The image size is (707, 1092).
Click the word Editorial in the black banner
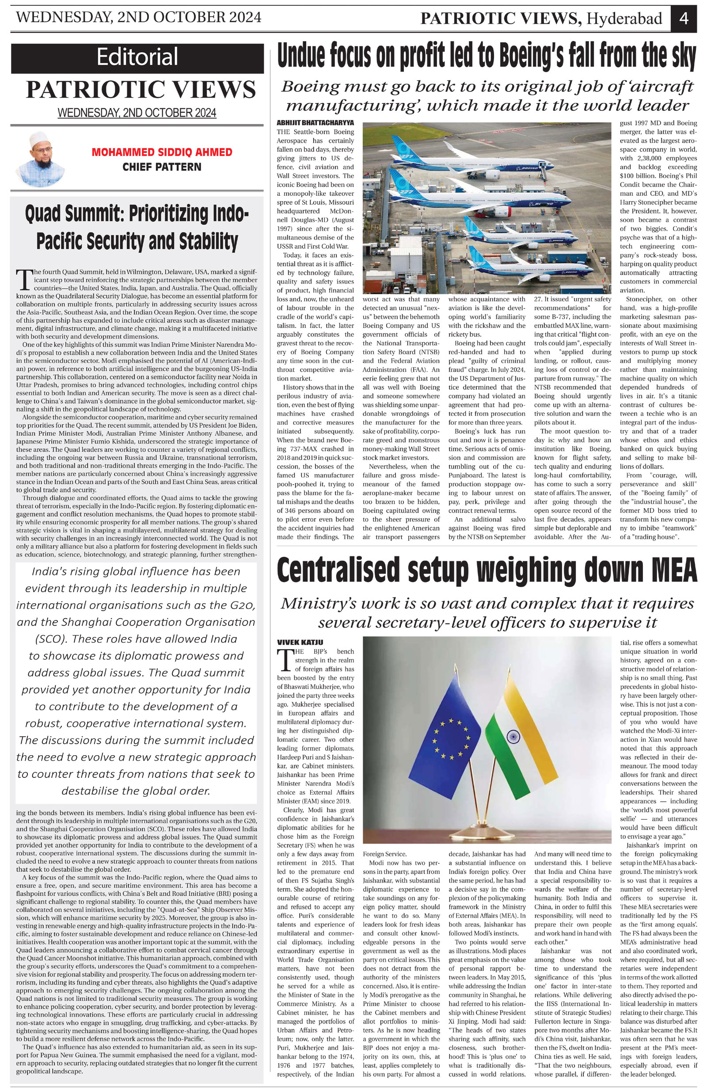click(x=137, y=58)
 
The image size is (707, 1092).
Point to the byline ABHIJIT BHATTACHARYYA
click(x=315, y=123)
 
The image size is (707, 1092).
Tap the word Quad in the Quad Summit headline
click(x=48, y=214)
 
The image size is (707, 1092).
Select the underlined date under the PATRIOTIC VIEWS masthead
click(x=137, y=113)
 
